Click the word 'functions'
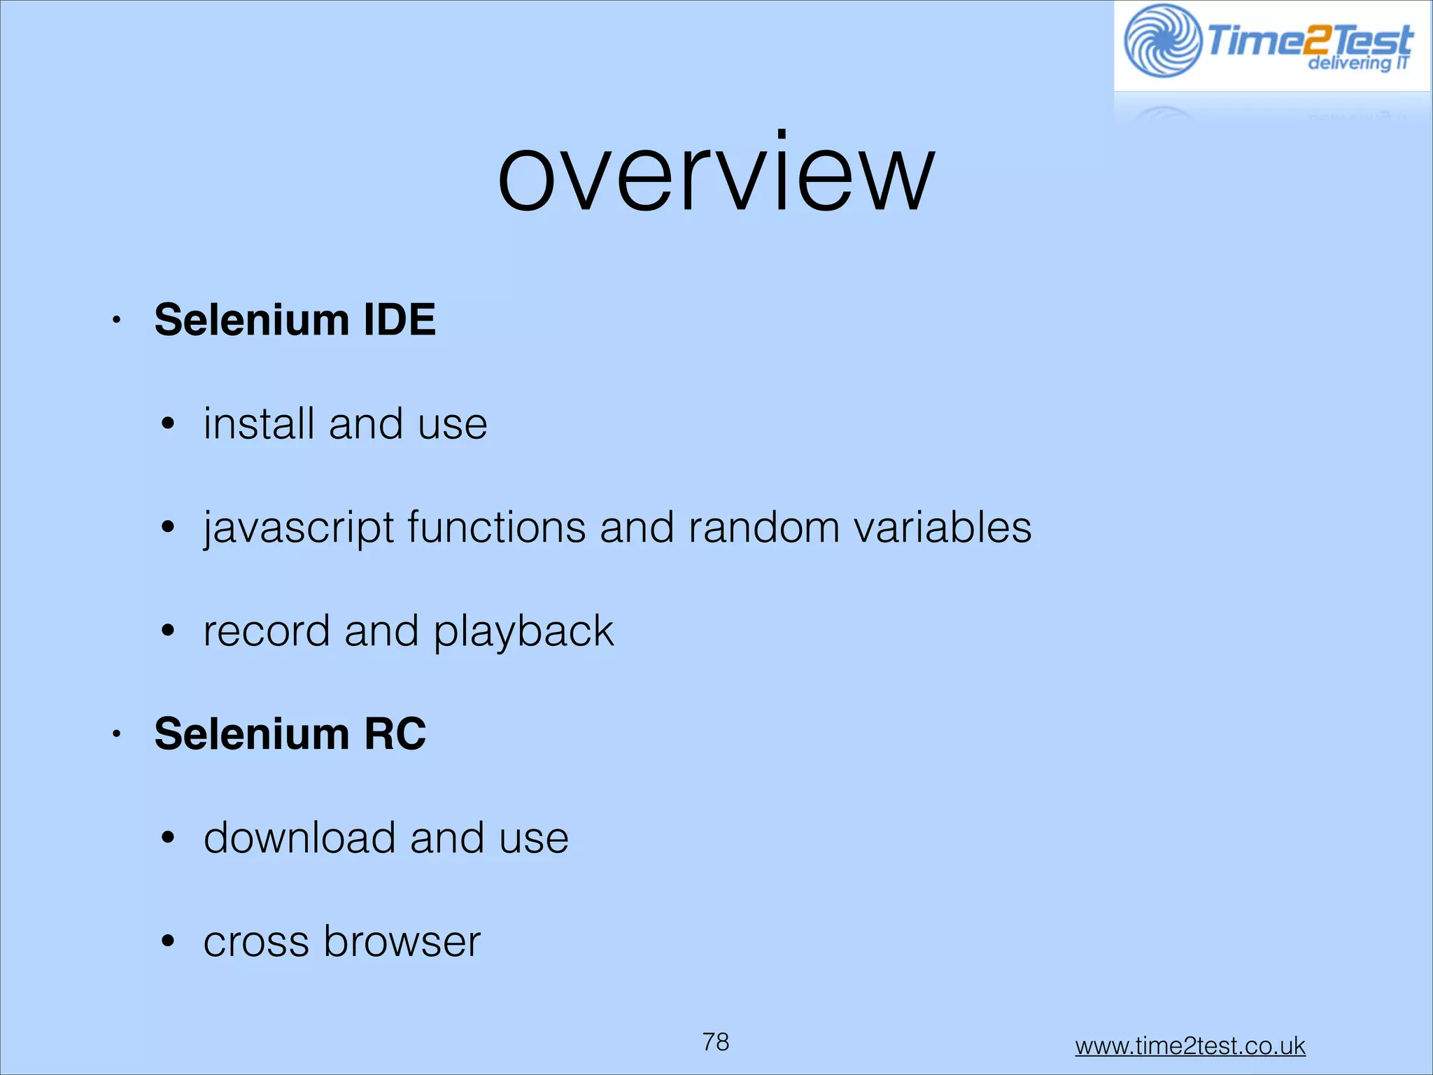click(x=497, y=527)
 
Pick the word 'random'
click(x=763, y=527)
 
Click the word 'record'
click(x=266, y=631)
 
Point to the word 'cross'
click(x=256, y=942)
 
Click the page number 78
click(x=716, y=1042)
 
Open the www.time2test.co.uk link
click(x=1190, y=1046)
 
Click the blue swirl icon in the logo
click(x=1162, y=41)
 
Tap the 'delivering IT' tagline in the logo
click(x=1357, y=64)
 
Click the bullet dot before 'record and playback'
click(x=167, y=631)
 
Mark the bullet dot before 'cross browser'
click(x=167, y=942)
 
